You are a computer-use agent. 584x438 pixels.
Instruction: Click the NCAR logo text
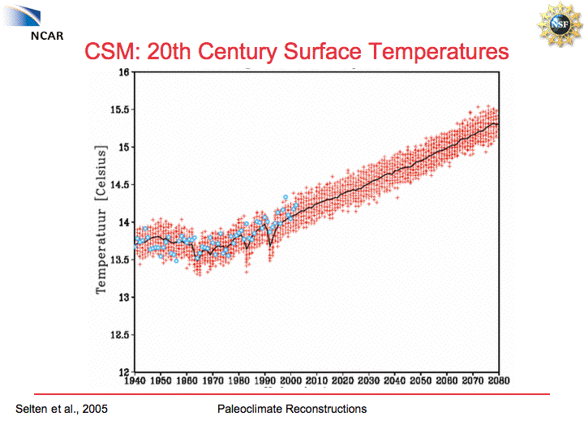pos(46,37)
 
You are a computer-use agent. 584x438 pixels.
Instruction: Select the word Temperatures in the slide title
pos(439,53)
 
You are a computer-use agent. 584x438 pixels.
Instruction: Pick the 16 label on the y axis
pos(123,72)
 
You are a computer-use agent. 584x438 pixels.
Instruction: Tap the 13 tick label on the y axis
pos(123,298)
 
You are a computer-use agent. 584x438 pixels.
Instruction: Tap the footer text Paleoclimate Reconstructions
pos(292,409)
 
